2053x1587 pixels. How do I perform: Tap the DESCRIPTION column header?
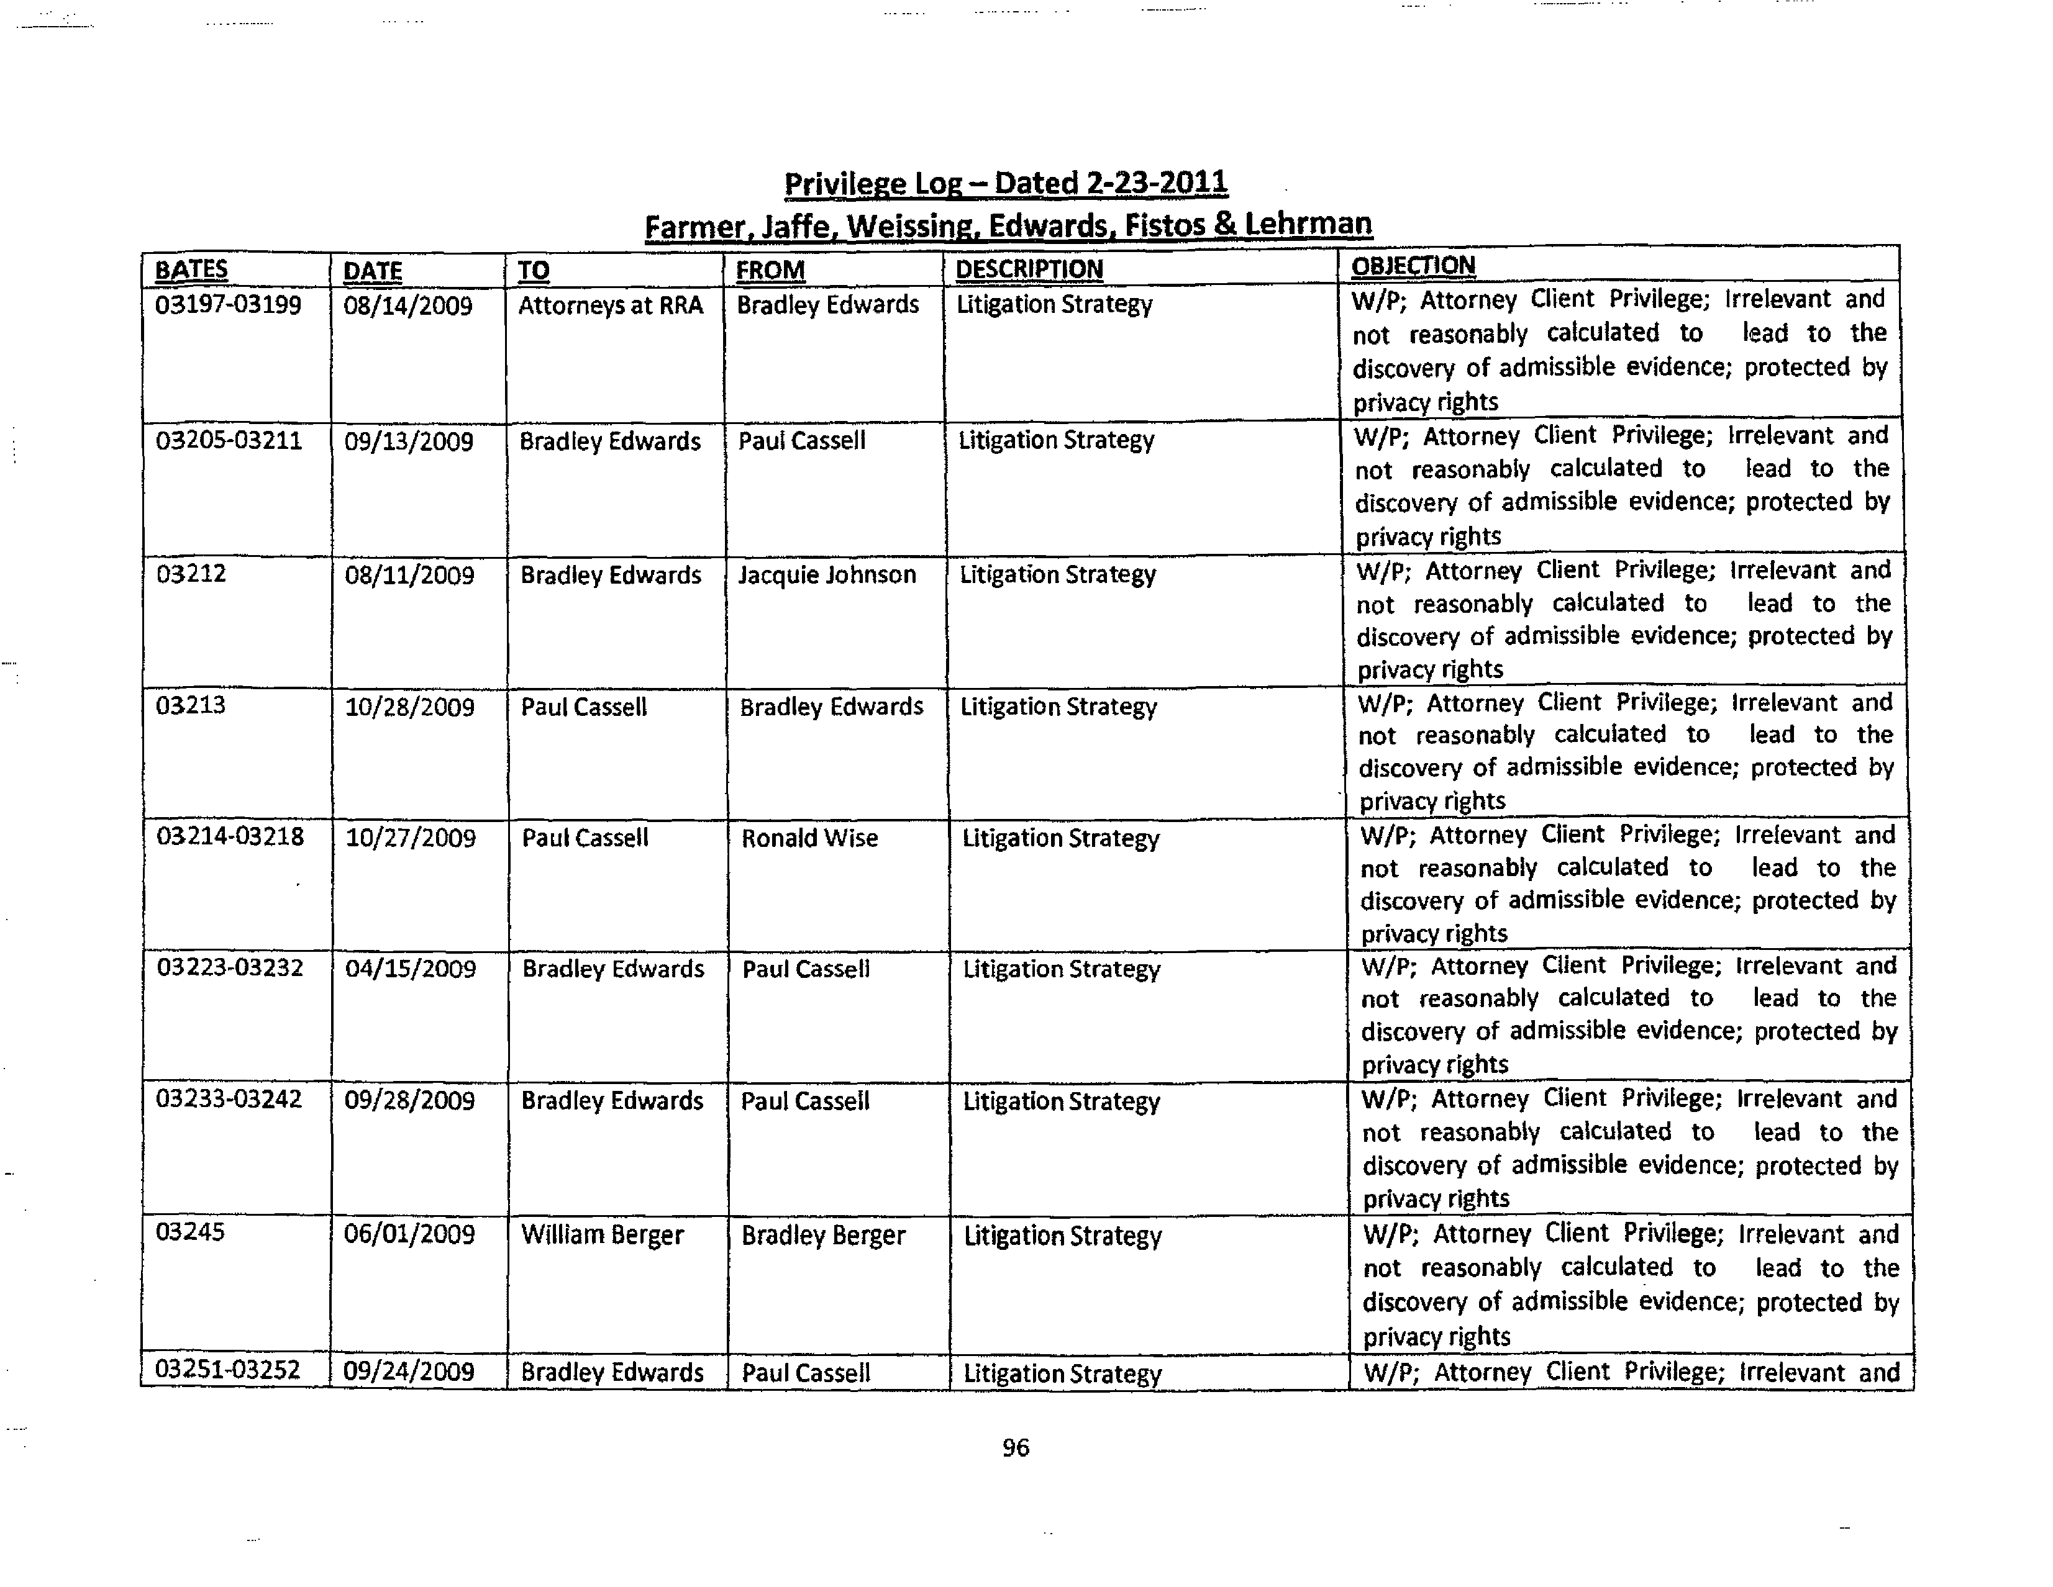[x=1029, y=269]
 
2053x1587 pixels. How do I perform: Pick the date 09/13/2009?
[x=408, y=441]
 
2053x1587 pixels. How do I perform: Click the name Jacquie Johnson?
[x=826, y=574]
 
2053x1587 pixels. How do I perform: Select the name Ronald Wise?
[x=809, y=838]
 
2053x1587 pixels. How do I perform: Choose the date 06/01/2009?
[x=409, y=1234]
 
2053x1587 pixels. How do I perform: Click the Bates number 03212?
[x=192, y=573]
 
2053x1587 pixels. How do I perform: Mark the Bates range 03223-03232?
[x=230, y=968]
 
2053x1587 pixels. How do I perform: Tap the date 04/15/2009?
[x=410, y=969]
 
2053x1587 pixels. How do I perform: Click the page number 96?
[x=1015, y=1448]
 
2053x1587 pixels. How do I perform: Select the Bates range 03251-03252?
[x=227, y=1370]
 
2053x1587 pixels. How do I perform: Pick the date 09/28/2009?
[x=409, y=1100]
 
